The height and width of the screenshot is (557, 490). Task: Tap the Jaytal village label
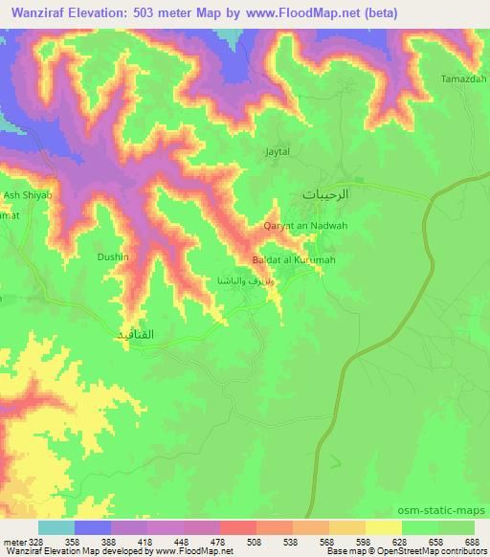click(x=277, y=151)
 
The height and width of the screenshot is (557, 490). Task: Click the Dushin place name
click(x=113, y=257)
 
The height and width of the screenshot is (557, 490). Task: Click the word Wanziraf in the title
click(x=43, y=13)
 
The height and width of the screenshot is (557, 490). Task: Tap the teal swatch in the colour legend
click(x=56, y=527)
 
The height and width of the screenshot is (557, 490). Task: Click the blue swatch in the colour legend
click(x=93, y=527)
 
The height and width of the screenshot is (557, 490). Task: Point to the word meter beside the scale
click(x=14, y=541)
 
